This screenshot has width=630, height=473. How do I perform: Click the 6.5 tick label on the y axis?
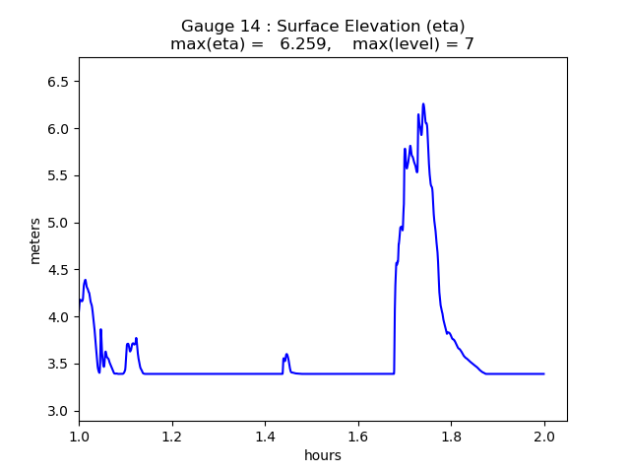click(60, 82)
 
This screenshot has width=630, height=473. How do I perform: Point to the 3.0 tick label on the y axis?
click(60, 411)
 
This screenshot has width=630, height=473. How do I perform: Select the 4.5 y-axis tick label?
click(60, 270)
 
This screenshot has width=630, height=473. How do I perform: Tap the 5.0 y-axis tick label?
click(60, 223)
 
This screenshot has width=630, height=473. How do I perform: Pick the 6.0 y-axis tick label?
click(60, 129)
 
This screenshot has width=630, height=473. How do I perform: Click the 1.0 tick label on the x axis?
click(79, 435)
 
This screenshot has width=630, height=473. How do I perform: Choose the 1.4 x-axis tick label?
click(266, 435)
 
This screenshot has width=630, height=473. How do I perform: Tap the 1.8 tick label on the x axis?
click(452, 435)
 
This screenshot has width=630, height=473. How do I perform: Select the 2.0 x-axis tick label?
click(545, 435)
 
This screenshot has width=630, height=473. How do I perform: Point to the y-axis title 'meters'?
click(35, 240)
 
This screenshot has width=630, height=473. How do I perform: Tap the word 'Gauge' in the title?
click(204, 27)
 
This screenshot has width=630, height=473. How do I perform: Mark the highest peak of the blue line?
click(423, 103)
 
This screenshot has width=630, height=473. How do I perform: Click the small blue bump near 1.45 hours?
click(286, 355)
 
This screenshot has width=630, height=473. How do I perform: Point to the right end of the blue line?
click(544, 373)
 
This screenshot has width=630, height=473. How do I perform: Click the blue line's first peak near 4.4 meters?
click(86, 280)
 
